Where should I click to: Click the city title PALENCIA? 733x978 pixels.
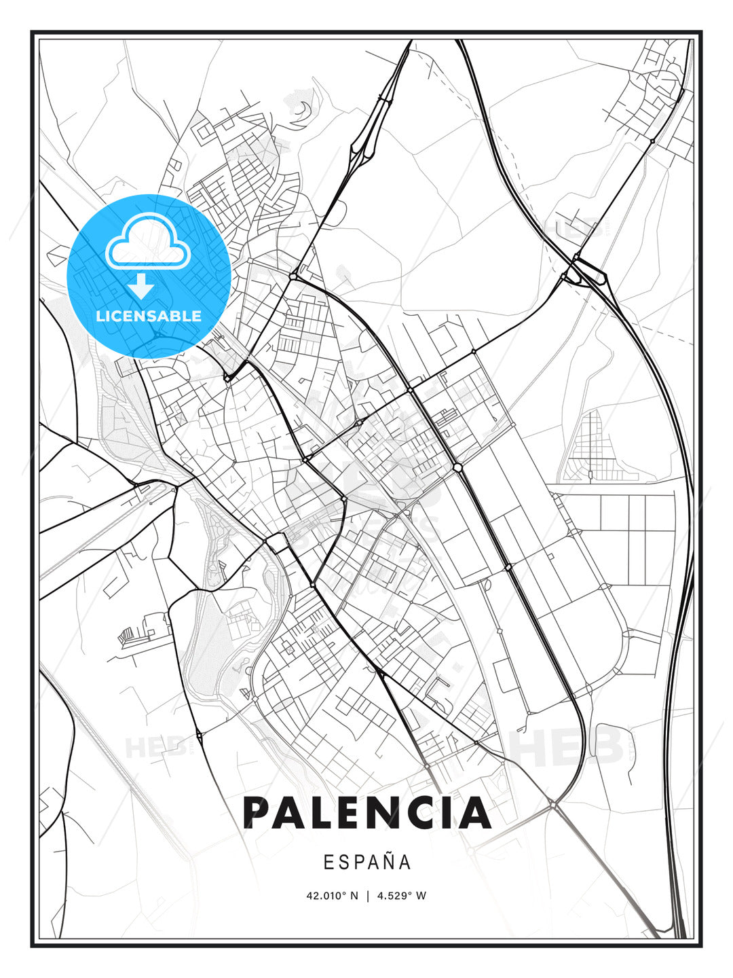pyautogui.click(x=366, y=813)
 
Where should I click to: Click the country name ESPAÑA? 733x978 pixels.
pyautogui.click(x=366, y=863)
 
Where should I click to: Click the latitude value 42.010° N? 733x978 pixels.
pyautogui.click(x=332, y=896)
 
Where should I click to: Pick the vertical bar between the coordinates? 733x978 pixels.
pyautogui.click(x=368, y=896)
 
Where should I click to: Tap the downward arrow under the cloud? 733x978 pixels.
pyautogui.click(x=141, y=287)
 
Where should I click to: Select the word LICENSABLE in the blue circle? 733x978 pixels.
pyautogui.click(x=149, y=316)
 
